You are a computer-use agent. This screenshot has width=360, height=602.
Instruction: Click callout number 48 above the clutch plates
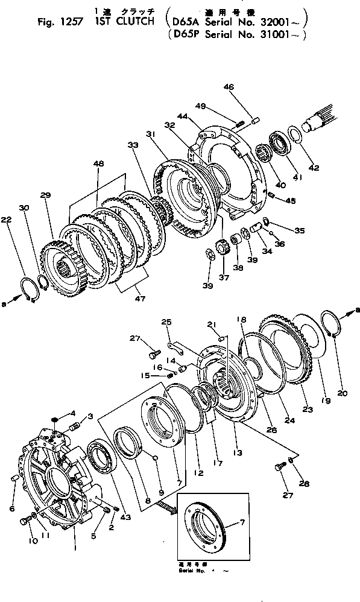tap(98, 164)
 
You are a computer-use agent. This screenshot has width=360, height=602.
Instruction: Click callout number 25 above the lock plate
tap(166, 323)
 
